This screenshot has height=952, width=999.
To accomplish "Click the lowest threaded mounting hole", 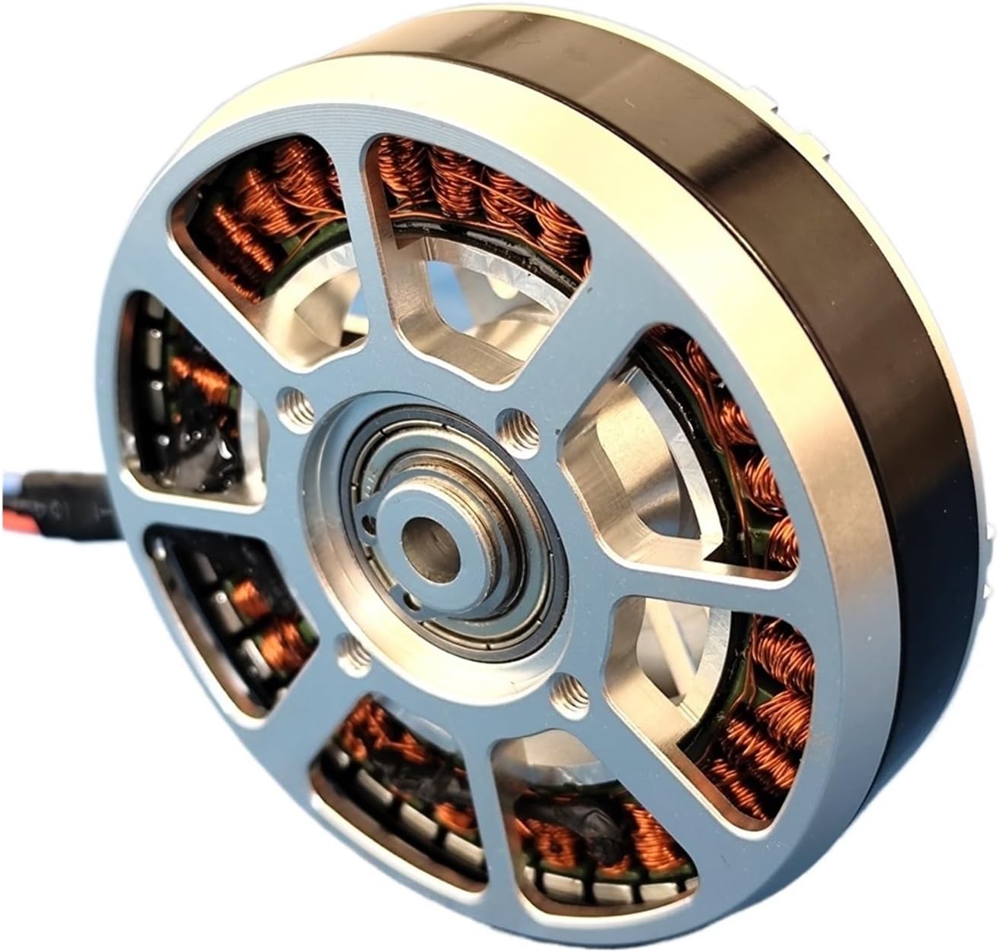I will pyautogui.click(x=566, y=689).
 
